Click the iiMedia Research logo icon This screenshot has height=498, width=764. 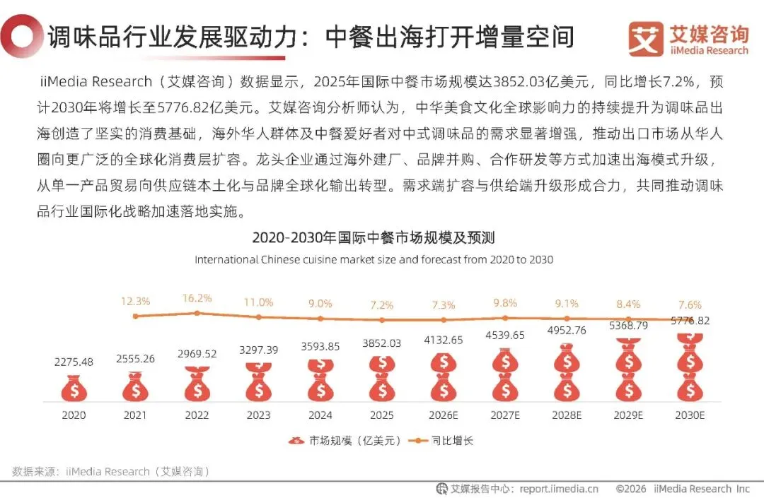(x=646, y=39)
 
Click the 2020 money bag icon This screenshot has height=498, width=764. (x=74, y=388)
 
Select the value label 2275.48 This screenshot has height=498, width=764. (x=74, y=362)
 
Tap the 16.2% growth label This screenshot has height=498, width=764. (x=197, y=298)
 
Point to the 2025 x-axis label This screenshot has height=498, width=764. (x=381, y=415)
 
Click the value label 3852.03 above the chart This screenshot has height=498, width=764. (x=381, y=343)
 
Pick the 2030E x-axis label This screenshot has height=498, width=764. (x=690, y=415)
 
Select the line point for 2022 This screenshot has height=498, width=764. (x=197, y=313)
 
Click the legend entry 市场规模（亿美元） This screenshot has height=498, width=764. (x=345, y=441)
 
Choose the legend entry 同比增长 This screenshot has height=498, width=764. (x=441, y=441)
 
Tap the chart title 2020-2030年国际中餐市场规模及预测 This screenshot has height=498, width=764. (x=374, y=237)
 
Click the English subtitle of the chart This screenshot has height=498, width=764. (x=374, y=260)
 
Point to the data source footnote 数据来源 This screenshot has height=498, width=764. (x=111, y=471)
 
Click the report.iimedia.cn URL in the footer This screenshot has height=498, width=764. (x=559, y=489)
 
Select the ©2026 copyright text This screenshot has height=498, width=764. (x=631, y=489)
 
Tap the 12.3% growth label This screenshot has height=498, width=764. (x=135, y=302)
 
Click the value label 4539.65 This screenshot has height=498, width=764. (x=505, y=335)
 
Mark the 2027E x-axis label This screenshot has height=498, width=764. (x=505, y=415)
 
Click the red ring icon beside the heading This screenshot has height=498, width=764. (x=21, y=37)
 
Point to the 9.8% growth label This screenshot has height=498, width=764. (x=505, y=303)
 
